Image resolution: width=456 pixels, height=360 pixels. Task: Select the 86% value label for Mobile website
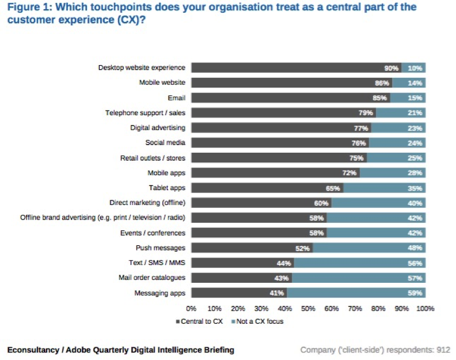click(382, 83)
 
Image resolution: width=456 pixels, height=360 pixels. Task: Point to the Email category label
click(176, 98)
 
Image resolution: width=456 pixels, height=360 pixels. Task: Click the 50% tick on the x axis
click(308, 309)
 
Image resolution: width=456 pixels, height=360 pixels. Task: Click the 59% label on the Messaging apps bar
click(415, 293)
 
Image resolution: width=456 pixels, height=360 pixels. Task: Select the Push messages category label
click(161, 248)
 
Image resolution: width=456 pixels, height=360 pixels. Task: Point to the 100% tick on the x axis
click(425, 309)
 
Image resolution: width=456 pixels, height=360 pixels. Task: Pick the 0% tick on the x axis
click(191, 309)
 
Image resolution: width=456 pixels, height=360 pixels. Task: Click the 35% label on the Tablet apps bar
click(415, 188)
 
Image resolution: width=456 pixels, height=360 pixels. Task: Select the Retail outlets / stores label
click(153, 158)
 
